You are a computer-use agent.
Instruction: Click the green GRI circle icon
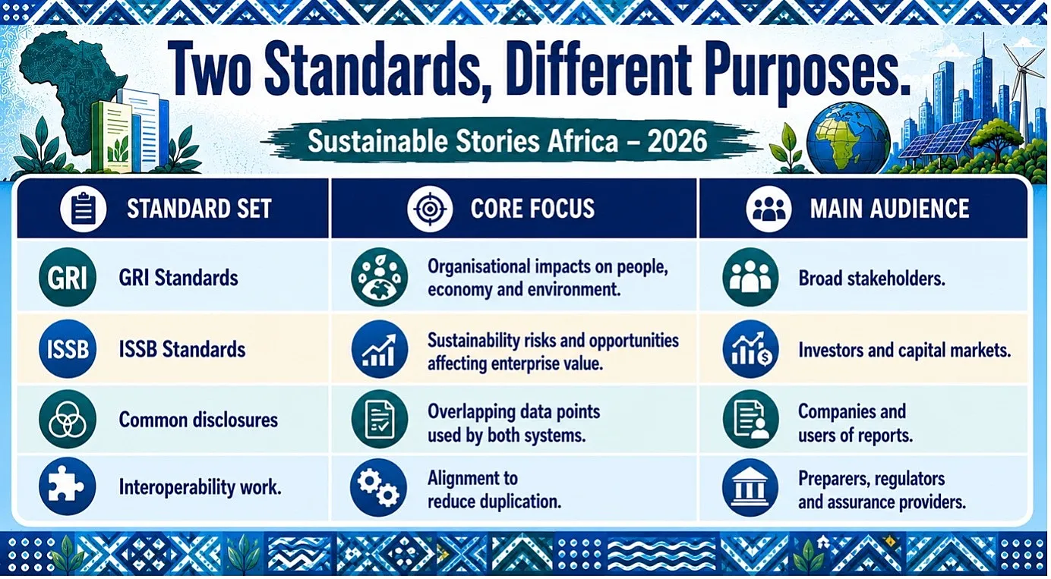[68, 277]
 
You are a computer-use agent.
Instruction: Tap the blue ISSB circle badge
[68, 349]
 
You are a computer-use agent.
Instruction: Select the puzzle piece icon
[68, 486]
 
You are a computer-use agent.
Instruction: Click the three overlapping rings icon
[68, 419]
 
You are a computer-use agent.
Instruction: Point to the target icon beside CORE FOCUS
[430, 209]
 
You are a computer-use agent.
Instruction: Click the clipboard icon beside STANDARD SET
[84, 209]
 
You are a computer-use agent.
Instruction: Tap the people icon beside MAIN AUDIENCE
[769, 209]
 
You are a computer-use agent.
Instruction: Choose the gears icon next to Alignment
[379, 488]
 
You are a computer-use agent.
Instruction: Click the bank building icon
[750, 488]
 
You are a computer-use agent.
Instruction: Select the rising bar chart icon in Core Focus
[380, 350]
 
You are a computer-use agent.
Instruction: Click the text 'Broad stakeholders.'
[872, 278]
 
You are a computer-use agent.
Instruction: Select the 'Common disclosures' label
[198, 420]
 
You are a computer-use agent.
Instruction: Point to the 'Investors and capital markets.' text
[904, 351]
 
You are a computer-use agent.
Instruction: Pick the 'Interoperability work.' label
[200, 488]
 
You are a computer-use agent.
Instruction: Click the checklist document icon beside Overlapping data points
[380, 419]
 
